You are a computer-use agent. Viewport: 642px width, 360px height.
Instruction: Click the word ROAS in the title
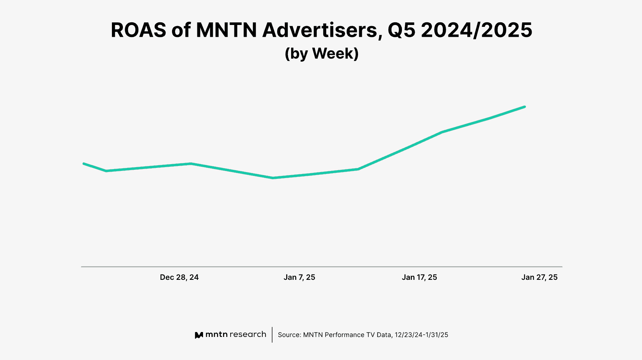pyautogui.click(x=138, y=30)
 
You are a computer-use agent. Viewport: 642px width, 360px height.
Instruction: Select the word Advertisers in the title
pyautogui.click(x=320, y=30)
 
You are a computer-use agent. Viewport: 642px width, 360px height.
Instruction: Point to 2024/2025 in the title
pyautogui.click(x=476, y=30)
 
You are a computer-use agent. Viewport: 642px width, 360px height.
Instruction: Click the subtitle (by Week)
pyautogui.click(x=321, y=53)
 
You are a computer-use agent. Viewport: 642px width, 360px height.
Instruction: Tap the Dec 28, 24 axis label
pyautogui.click(x=179, y=277)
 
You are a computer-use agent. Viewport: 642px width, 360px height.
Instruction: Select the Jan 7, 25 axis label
pyautogui.click(x=299, y=277)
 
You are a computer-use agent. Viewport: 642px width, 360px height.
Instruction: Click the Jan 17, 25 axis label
pyautogui.click(x=419, y=277)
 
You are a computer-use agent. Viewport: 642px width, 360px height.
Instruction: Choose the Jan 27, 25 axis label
pyautogui.click(x=539, y=277)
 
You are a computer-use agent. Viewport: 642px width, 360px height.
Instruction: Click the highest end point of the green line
pyautogui.click(x=525, y=107)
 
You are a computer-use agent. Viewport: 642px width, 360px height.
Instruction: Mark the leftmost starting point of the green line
pyautogui.click(x=84, y=163)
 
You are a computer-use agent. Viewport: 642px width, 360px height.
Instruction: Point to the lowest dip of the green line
pyautogui.click(x=273, y=178)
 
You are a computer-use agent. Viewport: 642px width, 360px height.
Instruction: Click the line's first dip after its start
pyautogui.click(x=107, y=171)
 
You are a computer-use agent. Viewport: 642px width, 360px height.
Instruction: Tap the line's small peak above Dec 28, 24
pyautogui.click(x=191, y=163)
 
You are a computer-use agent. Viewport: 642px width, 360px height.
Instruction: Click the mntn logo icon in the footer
pyautogui.click(x=199, y=335)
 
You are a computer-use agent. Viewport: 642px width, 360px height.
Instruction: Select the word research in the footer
pyautogui.click(x=248, y=334)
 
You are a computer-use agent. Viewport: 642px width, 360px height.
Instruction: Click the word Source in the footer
pyautogui.click(x=289, y=335)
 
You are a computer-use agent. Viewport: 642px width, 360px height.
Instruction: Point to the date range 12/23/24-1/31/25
pyautogui.click(x=422, y=335)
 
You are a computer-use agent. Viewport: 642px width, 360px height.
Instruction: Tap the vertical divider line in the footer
pyautogui.click(x=272, y=335)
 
